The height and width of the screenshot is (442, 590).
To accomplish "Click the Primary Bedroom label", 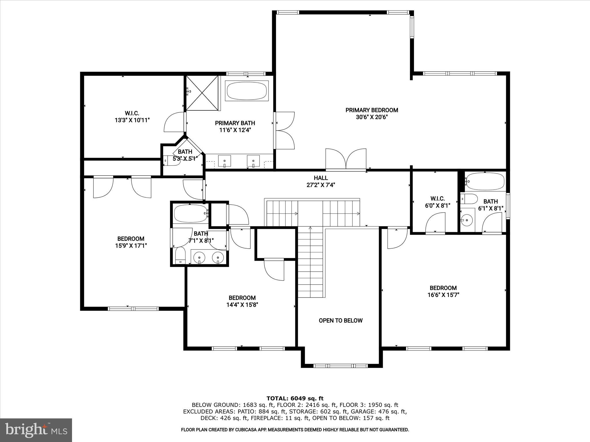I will pos(372,113).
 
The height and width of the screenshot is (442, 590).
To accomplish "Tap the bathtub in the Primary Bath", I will pos(247,91).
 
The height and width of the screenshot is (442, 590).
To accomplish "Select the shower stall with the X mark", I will pos(202,93).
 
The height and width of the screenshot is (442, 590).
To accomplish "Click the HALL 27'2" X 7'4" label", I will pos(321,181).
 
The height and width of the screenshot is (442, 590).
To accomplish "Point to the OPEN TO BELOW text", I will pos(341,321).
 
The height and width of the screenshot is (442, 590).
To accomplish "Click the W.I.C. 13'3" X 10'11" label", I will pos(132,117).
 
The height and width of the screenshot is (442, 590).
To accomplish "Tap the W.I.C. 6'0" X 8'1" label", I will pos(437,202).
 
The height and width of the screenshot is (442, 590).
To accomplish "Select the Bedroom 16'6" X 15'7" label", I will pos(443,291).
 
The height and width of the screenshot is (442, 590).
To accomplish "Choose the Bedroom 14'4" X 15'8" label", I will pos(242,301).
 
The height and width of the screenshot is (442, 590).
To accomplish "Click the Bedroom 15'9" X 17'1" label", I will pos(131,242).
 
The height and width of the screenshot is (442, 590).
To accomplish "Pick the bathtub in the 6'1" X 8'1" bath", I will pos(485,181).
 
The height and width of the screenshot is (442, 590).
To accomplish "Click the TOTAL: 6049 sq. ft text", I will pos(295,398).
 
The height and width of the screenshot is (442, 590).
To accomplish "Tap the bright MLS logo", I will pos(36,430).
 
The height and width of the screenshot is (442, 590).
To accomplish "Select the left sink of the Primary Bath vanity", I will pos(224,160).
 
